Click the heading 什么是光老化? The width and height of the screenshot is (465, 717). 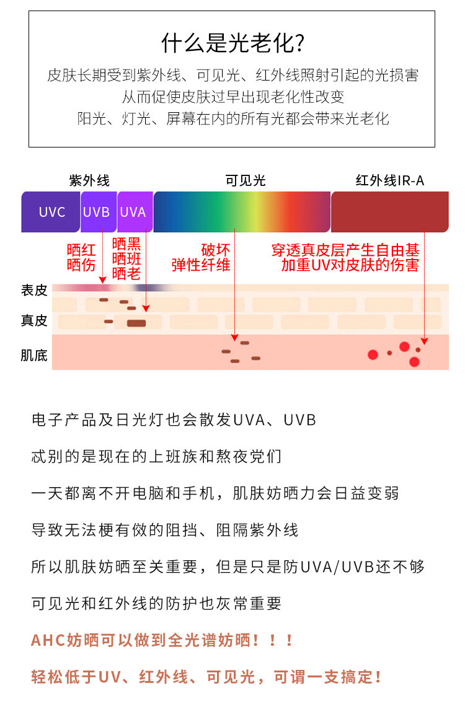coord(232,43)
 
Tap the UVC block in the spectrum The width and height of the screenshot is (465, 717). coord(51,212)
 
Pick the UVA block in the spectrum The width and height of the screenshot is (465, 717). coord(133,212)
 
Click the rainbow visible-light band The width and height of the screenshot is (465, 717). coord(242,212)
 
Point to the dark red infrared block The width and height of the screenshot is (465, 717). coord(389,212)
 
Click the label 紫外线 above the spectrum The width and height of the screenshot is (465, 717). coord(89,180)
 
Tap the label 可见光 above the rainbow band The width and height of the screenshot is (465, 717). coord(245,180)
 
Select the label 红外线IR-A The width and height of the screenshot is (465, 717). coord(390,180)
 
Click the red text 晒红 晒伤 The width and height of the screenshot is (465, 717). coord(81,258)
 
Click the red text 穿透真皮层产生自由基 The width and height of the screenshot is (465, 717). coord(345,250)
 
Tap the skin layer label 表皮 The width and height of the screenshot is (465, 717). coord(34,290)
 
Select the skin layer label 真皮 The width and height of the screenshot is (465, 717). coord(34,320)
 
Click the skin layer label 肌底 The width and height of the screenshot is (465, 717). coord(34,356)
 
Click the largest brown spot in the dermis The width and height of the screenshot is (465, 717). coord(136,323)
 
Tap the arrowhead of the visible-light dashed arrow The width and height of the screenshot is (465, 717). coord(234,338)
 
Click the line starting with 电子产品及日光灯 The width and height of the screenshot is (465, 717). coord(174,420)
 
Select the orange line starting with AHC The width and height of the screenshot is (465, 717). coord(162,640)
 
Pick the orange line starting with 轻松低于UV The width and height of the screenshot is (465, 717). coord(206,677)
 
